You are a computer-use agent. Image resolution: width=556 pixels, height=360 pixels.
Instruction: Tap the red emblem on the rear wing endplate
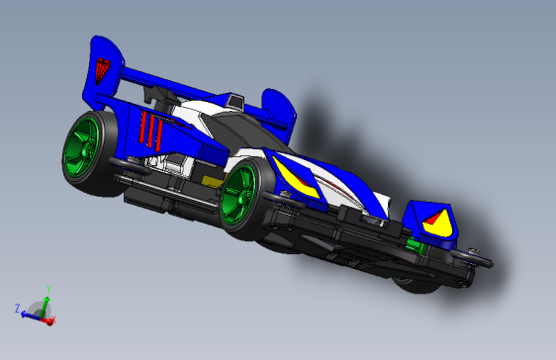click(103, 71)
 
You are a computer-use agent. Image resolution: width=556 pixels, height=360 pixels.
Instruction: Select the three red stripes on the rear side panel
click(150, 131)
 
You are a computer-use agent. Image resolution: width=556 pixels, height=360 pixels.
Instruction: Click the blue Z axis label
click(18, 310)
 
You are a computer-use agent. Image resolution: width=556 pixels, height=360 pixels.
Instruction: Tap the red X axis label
click(52, 320)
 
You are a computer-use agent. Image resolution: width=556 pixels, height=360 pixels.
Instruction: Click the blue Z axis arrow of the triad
click(30, 313)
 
